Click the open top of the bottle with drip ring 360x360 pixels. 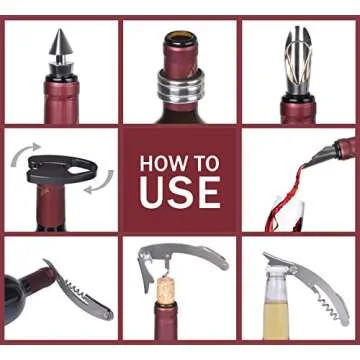[180, 41]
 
